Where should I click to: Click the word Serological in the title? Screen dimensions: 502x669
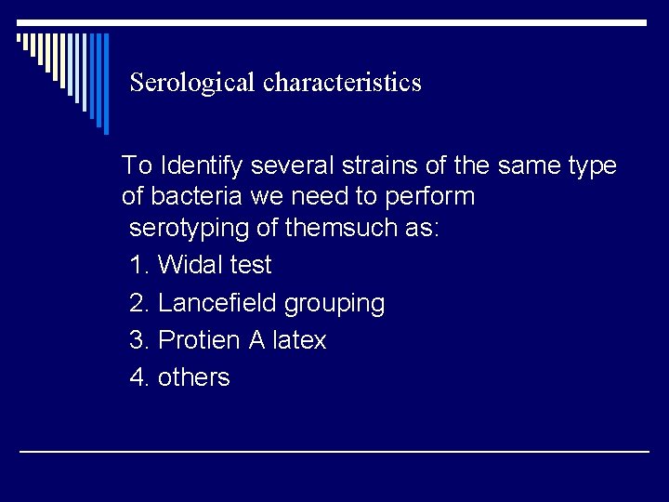[x=193, y=84]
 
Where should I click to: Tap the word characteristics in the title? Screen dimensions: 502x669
[x=342, y=84]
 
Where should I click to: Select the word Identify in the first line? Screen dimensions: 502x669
[x=201, y=166]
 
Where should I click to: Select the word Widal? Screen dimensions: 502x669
[x=190, y=265]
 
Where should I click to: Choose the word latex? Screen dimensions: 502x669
[x=300, y=340]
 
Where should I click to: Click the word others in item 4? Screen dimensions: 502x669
[x=194, y=377]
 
